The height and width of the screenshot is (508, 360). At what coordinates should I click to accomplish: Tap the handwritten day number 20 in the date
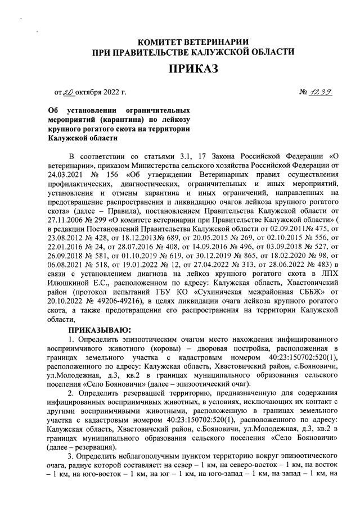coord(69,92)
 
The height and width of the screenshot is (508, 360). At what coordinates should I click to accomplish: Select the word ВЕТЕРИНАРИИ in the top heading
coord(215,42)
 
